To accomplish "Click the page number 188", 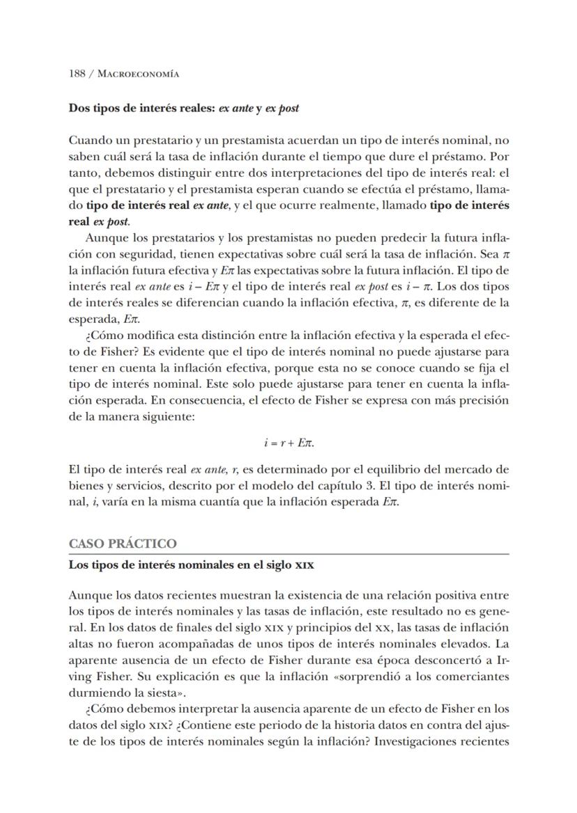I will (x=77, y=74).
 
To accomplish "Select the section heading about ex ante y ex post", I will (x=184, y=109).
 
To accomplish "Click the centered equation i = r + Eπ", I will (x=288, y=442).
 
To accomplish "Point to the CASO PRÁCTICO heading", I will (x=123, y=544).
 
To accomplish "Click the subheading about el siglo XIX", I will (x=191, y=565).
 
